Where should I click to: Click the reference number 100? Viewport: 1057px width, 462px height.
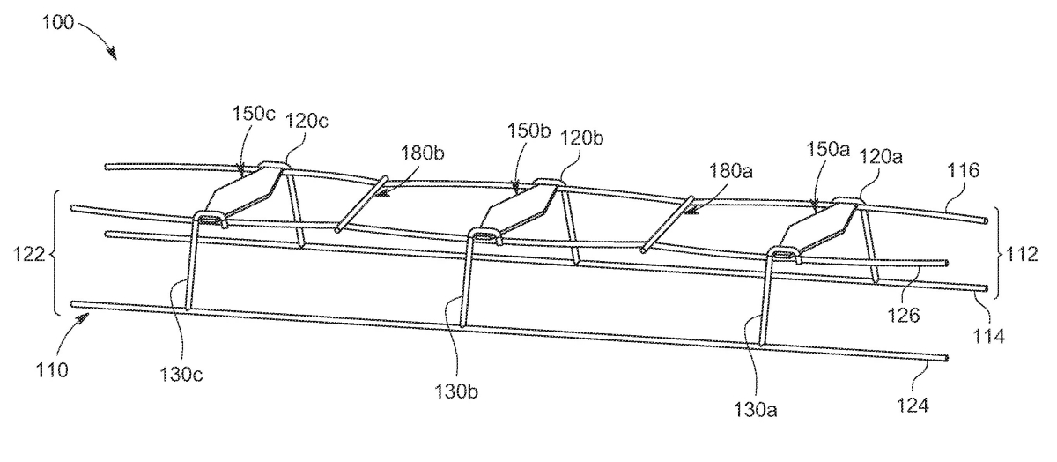[58, 22]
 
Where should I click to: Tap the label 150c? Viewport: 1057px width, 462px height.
[254, 114]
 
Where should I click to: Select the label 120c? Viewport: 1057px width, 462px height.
[307, 122]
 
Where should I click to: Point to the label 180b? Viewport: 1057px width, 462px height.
[422, 153]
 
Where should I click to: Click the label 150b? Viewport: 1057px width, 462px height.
[528, 130]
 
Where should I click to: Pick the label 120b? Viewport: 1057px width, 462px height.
[581, 138]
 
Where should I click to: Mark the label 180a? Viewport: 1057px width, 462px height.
[731, 170]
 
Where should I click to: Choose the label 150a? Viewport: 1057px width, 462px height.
[828, 149]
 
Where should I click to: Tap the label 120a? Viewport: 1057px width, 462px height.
[881, 156]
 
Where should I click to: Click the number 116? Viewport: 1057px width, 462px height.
[964, 170]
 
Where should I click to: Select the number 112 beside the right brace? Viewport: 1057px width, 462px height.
[1022, 254]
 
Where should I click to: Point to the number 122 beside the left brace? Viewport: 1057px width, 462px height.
[29, 254]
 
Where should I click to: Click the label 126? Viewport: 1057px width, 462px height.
[904, 315]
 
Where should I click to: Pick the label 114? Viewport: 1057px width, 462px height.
[989, 336]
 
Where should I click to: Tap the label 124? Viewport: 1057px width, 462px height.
[913, 406]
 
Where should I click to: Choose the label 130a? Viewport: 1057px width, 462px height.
[755, 409]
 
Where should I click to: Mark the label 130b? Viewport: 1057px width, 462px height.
[456, 391]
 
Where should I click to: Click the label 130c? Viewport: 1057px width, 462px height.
[181, 375]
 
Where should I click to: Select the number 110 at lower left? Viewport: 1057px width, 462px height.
[52, 370]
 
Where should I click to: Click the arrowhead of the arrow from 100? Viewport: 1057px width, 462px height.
[114, 56]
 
